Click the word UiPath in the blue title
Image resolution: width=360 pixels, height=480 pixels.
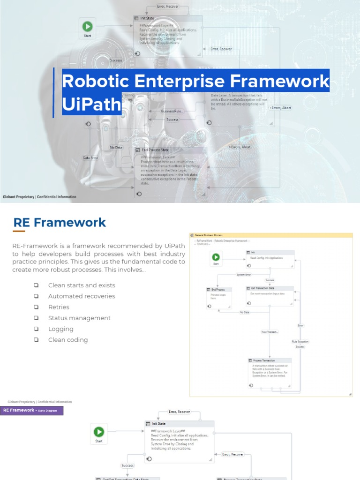tap(92, 104)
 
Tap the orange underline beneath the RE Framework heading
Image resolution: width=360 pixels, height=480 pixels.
tap(19, 231)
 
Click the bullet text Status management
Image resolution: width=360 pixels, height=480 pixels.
tap(79, 318)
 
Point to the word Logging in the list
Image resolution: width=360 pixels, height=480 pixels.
tap(61, 329)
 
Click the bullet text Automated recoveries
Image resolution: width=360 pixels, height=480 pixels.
tap(82, 296)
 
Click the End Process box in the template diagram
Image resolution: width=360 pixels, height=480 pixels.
tap(218, 298)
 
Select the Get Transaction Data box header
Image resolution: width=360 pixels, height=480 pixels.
tap(270, 288)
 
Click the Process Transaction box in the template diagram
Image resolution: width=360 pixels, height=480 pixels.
tap(270, 373)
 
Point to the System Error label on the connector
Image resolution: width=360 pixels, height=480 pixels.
tap(243, 275)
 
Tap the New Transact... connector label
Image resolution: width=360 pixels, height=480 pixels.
tap(270, 332)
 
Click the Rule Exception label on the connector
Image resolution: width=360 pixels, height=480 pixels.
tap(300, 342)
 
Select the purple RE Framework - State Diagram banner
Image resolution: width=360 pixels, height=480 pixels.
tap(32, 411)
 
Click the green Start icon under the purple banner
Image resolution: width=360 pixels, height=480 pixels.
tap(98, 432)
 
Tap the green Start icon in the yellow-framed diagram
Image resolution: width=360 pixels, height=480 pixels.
tap(216, 257)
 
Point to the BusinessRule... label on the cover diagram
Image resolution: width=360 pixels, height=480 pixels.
tap(172, 111)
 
